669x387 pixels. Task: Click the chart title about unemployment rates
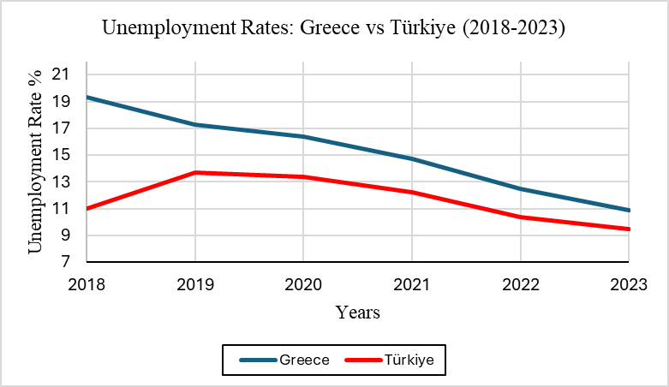[334, 27]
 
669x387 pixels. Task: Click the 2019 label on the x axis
[195, 282]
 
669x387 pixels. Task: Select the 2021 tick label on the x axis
[412, 282]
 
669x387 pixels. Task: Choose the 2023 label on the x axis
[629, 282]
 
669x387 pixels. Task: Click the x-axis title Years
[358, 313]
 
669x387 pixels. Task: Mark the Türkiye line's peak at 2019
[195, 173]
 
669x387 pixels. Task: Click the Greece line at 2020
[303, 137]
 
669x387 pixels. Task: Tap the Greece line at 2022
[521, 188]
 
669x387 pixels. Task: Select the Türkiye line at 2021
[412, 192]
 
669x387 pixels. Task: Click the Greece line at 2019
[195, 125]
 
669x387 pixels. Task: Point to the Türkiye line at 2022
[521, 217]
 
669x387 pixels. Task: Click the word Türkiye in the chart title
[425, 27]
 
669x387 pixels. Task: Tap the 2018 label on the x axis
[87, 282]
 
